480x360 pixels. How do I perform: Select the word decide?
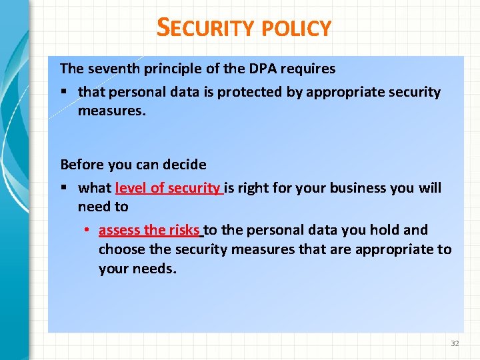click(x=183, y=164)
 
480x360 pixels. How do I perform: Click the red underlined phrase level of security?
click(x=168, y=188)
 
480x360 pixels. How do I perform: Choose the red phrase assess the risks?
click(x=149, y=230)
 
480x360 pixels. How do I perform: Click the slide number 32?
click(x=455, y=343)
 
